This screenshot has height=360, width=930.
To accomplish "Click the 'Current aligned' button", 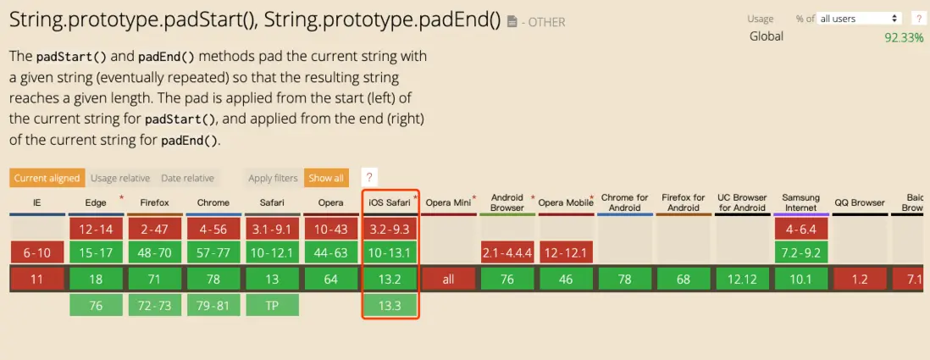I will pyautogui.click(x=47, y=178).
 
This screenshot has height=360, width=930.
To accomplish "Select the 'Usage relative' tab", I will pyautogui.click(x=120, y=178).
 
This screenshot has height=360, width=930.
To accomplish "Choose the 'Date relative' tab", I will pyautogui.click(x=187, y=178).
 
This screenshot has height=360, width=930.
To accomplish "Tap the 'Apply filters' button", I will pyautogui.click(x=273, y=178).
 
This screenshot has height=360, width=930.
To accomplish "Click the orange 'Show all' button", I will pyautogui.click(x=326, y=178).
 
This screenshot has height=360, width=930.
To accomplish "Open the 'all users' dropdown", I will pyautogui.click(x=859, y=19).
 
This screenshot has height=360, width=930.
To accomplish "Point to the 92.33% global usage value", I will pyautogui.click(x=904, y=37).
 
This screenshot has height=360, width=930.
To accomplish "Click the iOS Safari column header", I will pyautogui.click(x=390, y=202).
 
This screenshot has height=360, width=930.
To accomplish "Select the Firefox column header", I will pyautogui.click(x=155, y=202).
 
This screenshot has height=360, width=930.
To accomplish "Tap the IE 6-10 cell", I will pyautogui.click(x=37, y=252).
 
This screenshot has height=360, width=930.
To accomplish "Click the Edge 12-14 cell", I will pyautogui.click(x=96, y=229).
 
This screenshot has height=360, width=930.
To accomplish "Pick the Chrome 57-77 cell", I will pyautogui.click(x=213, y=252).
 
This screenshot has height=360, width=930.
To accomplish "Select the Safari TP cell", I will pyautogui.click(x=272, y=306).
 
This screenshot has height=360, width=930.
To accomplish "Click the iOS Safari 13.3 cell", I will pyautogui.click(x=390, y=306).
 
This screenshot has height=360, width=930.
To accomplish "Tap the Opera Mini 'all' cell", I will pyautogui.click(x=448, y=280).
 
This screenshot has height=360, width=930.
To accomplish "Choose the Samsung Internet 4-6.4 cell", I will pyautogui.click(x=800, y=229).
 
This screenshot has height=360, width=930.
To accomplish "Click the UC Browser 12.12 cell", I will pyautogui.click(x=741, y=280).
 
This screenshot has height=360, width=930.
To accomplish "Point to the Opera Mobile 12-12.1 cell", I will pyautogui.click(x=566, y=252).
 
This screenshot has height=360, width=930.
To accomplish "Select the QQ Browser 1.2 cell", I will pyautogui.click(x=859, y=280).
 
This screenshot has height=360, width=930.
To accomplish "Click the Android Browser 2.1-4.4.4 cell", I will pyautogui.click(x=507, y=252).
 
